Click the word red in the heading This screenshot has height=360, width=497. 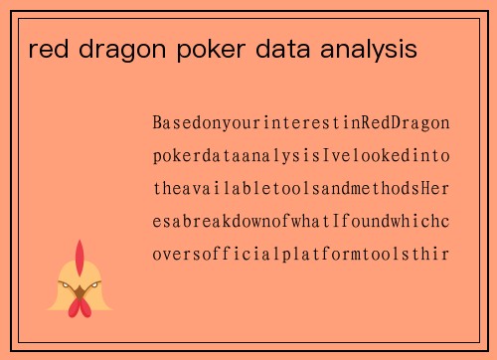[x=44, y=49]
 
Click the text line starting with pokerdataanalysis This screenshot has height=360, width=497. [x=301, y=156]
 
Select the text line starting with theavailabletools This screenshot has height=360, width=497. [x=301, y=188]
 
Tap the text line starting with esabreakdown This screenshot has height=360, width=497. [x=301, y=221]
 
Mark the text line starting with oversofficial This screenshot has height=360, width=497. [x=301, y=254]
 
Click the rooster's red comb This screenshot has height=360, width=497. [x=81, y=254]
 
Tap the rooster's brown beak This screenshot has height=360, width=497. [x=81, y=292]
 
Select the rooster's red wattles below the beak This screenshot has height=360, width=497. [x=81, y=307]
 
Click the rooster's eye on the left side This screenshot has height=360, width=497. [x=69, y=286]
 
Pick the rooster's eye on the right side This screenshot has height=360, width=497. [x=92, y=286]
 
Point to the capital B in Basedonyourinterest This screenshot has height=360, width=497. [x=158, y=123]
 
